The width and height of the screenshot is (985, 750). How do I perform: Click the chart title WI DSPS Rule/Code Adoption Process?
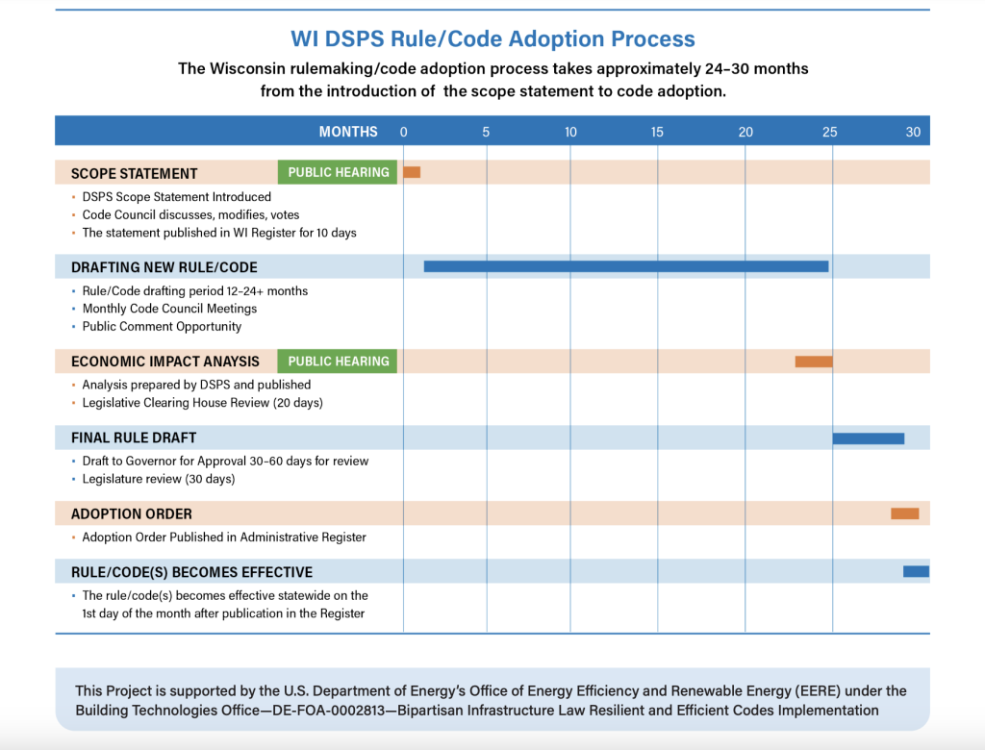tap(492, 39)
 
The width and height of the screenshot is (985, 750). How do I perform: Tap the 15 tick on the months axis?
tap(656, 132)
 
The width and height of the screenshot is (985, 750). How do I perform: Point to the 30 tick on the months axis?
tap(913, 132)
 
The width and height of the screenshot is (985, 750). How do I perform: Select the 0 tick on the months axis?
tap(403, 132)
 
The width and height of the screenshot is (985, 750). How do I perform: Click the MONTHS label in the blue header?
tap(348, 132)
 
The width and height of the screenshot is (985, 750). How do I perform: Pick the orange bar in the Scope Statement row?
tap(412, 172)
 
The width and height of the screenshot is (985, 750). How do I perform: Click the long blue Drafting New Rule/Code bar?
tap(626, 266)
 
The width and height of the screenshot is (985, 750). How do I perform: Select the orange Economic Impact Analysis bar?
tap(814, 362)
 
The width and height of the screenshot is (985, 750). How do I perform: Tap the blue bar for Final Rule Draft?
tap(869, 438)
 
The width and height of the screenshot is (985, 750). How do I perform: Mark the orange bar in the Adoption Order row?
tap(904, 513)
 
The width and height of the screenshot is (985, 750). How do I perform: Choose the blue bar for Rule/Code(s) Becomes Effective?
tap(916, 571)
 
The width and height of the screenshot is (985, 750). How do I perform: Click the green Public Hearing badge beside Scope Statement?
tap(338, 172)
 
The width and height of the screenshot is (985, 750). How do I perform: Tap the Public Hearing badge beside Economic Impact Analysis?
tap(338, 362)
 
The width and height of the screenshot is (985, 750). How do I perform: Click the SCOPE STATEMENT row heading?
tap(135, 174)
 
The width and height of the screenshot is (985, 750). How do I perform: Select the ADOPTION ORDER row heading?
tap(131, 513)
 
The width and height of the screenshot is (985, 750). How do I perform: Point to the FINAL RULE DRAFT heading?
tap(134, 437)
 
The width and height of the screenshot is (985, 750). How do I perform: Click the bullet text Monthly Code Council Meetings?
tap(169, 309)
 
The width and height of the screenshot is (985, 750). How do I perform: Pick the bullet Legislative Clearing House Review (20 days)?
tap(202, 403)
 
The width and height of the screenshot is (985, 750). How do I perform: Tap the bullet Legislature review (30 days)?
tap(159, 479)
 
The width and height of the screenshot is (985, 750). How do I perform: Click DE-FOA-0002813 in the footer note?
tap(328, 711)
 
